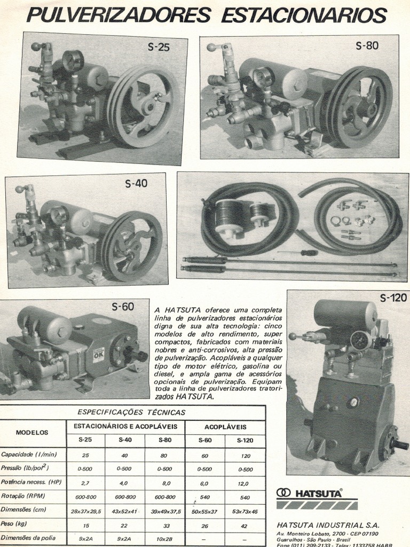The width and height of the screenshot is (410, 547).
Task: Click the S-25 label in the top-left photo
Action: tap(159, 48)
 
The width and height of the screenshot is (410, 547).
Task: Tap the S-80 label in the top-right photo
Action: tap(367, 46)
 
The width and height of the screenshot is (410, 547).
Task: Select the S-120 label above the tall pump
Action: tap(393, 298)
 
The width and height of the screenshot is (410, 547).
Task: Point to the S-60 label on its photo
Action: tap(123, 307)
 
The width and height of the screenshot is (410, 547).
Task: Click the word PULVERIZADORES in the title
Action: tap(119, 15)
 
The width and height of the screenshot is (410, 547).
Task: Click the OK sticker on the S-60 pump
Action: tap(99, 354)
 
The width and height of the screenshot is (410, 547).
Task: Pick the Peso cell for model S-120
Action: tap(245, 526)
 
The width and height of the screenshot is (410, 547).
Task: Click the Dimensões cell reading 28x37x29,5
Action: tap(85, 511)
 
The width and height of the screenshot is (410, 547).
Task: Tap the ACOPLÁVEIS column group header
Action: tap(225, 427)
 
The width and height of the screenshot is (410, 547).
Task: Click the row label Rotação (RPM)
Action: tap(24, 496)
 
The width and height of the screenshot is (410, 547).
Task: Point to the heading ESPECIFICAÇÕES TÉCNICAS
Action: tap(131, 412)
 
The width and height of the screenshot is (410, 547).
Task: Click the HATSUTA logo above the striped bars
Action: tap(310, 493)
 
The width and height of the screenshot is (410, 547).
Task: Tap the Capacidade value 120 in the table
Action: tap(245, 456)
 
